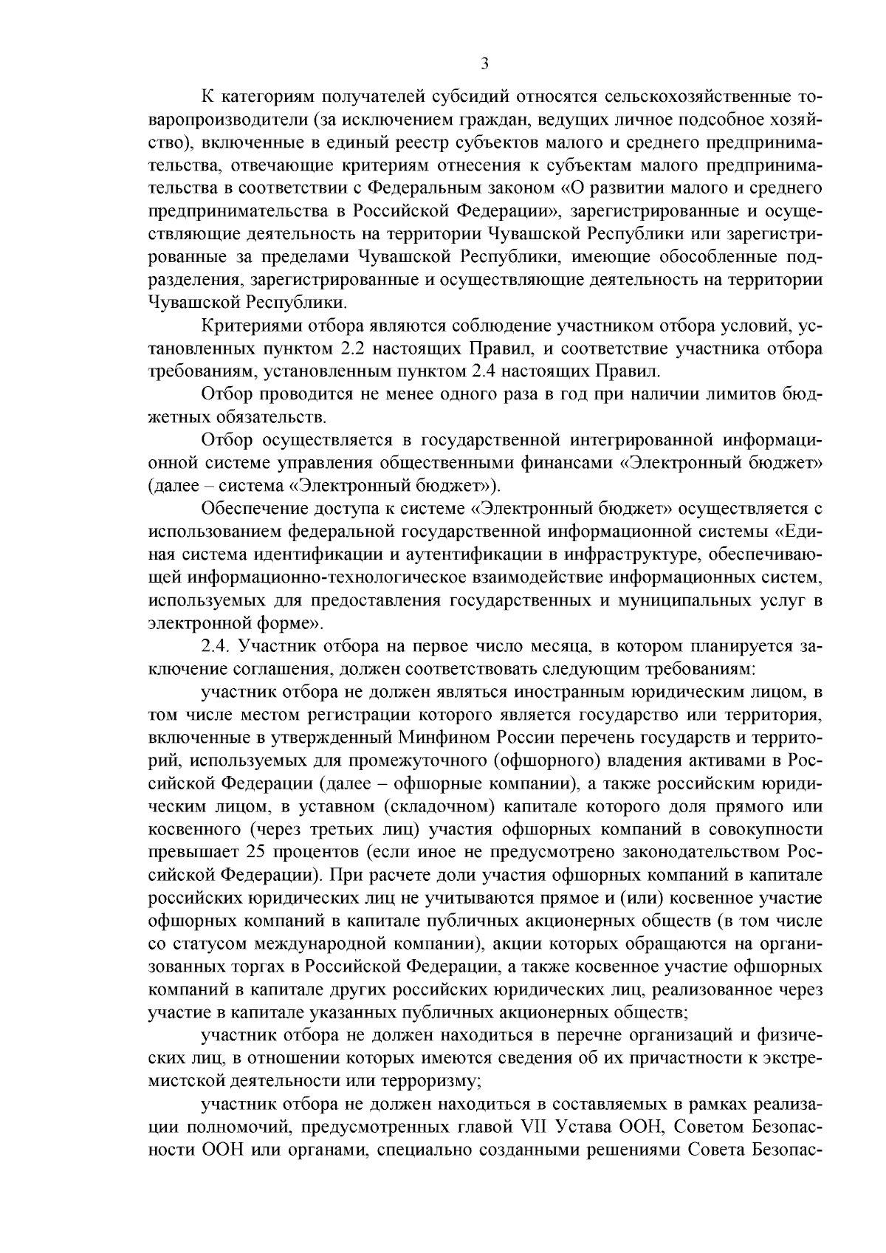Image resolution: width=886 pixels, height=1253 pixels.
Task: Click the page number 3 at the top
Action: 484,63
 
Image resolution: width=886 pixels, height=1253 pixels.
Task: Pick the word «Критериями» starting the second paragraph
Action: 248,325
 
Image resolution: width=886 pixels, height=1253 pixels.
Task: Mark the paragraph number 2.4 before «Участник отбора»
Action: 213,646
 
